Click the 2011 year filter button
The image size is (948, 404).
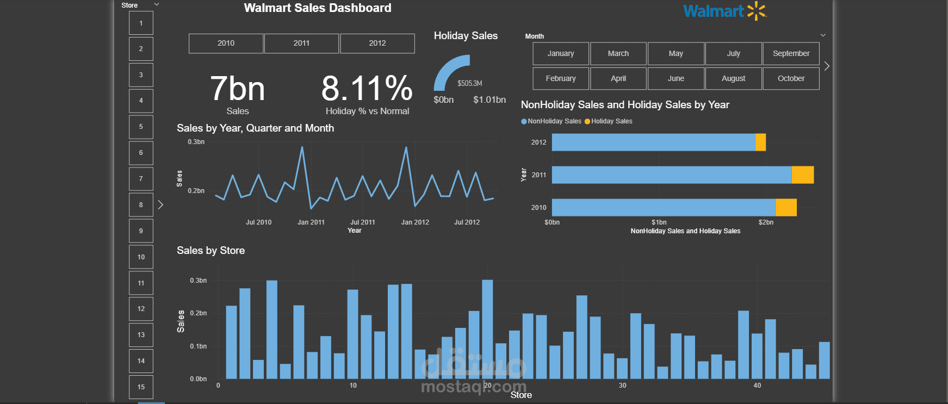coord(301,43)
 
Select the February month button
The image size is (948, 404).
coord(561,78)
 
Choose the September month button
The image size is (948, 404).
coord(791,53)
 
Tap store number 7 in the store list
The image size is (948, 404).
coord(141,179)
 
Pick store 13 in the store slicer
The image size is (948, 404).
coord(141,335)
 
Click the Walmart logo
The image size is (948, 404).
coord(724,11)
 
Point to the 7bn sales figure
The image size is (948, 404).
coord(238,89)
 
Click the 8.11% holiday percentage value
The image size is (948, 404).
coord(367,89)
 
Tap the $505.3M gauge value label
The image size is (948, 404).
coord(469,83)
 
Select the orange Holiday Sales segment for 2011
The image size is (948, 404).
coord(802,175)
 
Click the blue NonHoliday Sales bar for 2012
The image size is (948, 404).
coord(653,142)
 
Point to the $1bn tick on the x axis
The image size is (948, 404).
coord(659,222)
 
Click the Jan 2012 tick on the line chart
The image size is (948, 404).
coord(415,222)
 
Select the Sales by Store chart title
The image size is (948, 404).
coord(210,251)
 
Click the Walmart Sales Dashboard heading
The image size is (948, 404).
coord(318,8)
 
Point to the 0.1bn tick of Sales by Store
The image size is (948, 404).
coord(198,346)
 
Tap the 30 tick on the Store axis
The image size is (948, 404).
coord(622,386)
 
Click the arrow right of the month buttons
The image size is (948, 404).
coord(827,66)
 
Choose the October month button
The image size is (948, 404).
coord(791,78)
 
